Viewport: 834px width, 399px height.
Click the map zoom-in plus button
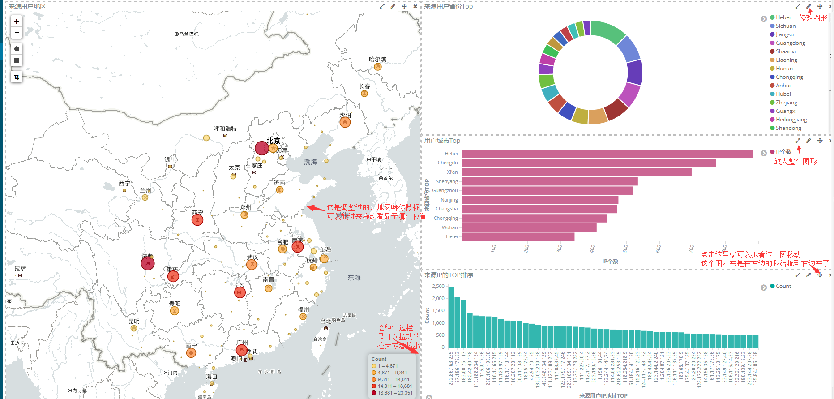[17, 21]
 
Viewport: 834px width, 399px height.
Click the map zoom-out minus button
[17, 33]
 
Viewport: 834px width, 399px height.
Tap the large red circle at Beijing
[261, 148]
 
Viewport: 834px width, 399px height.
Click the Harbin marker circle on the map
[378, 67]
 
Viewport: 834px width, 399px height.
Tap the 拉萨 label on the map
[20, 269]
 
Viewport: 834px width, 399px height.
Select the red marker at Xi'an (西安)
[197, 220]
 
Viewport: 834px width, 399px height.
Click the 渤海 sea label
[311, 162]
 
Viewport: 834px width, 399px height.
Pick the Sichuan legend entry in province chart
[785, 26]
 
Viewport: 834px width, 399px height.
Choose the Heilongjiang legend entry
[791, 120]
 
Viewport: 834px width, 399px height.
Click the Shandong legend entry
[788, 128]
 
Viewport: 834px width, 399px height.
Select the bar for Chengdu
[588, 163]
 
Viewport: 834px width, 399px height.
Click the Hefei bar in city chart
[518, 236]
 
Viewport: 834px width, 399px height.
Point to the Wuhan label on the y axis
[449, 227]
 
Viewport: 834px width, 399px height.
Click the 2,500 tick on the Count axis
[438, 286]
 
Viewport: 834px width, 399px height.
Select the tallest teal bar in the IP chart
[451, 317]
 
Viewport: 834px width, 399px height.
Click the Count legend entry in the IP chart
[783, 286]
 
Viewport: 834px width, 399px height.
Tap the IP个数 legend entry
[783, 152]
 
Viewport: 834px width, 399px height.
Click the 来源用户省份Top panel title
[448, 6]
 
